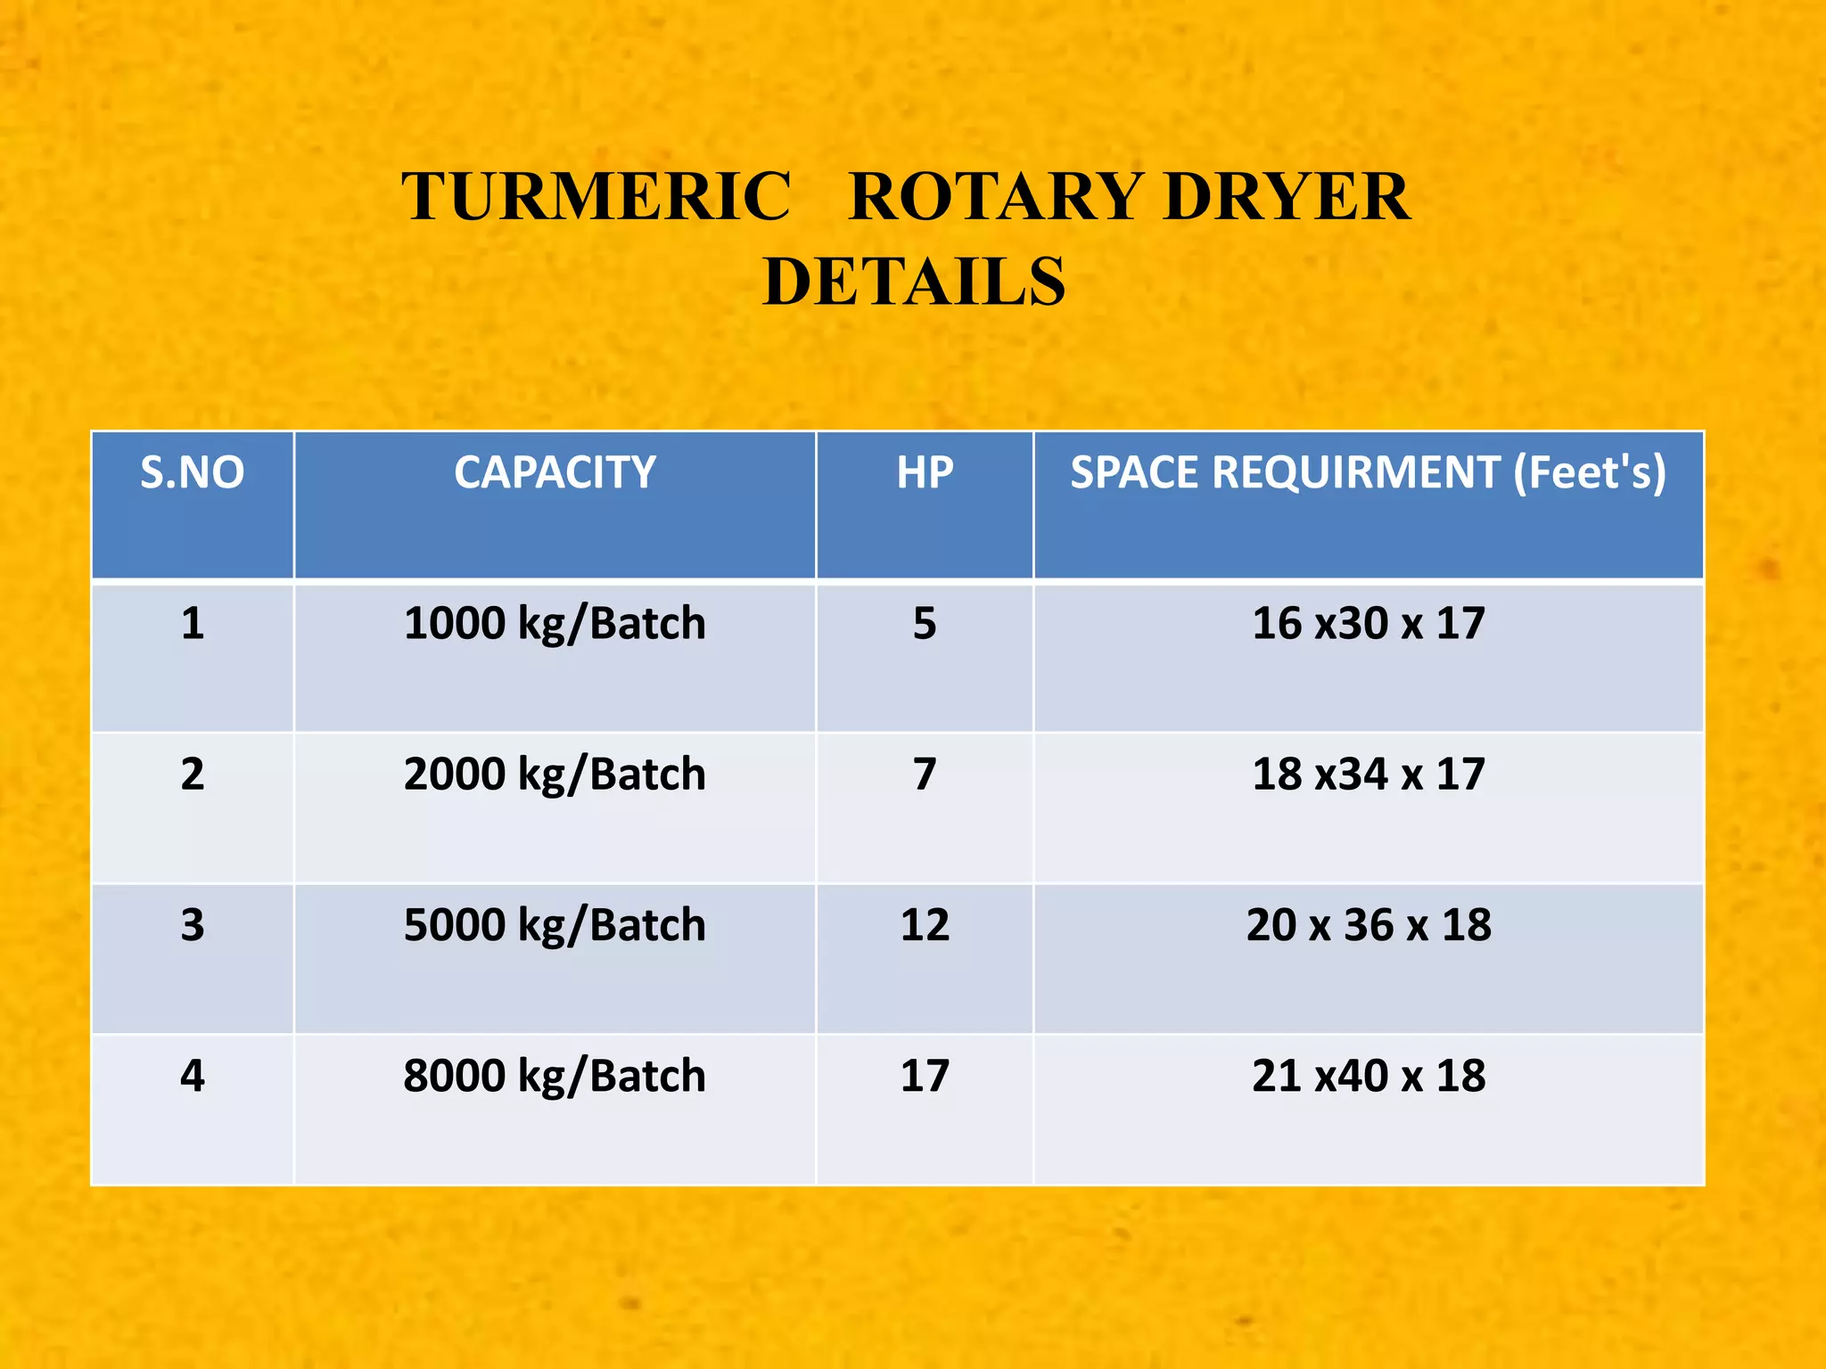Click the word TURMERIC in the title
coord(596,196)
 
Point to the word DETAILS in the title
coord(914,282)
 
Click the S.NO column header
coord(193,472)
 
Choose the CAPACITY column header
coord(555,472)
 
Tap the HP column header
coord(925,472)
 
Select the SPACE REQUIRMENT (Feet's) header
coord(1369,472)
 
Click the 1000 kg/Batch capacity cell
coord(555,623)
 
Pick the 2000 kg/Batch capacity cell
coord(555,774)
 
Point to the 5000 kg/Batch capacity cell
coord(555,925)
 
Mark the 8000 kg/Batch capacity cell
coord(555,1076)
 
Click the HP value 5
coord(925,623)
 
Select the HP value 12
coord(925,925)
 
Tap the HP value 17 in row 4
coord(925,1076)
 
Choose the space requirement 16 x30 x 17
coord(1369,623)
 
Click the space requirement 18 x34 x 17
coord(1369,774)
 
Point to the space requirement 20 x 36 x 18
coord(1369,925)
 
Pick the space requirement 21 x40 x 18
coord(1369,1076)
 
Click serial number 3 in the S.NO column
coord(193,925)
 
